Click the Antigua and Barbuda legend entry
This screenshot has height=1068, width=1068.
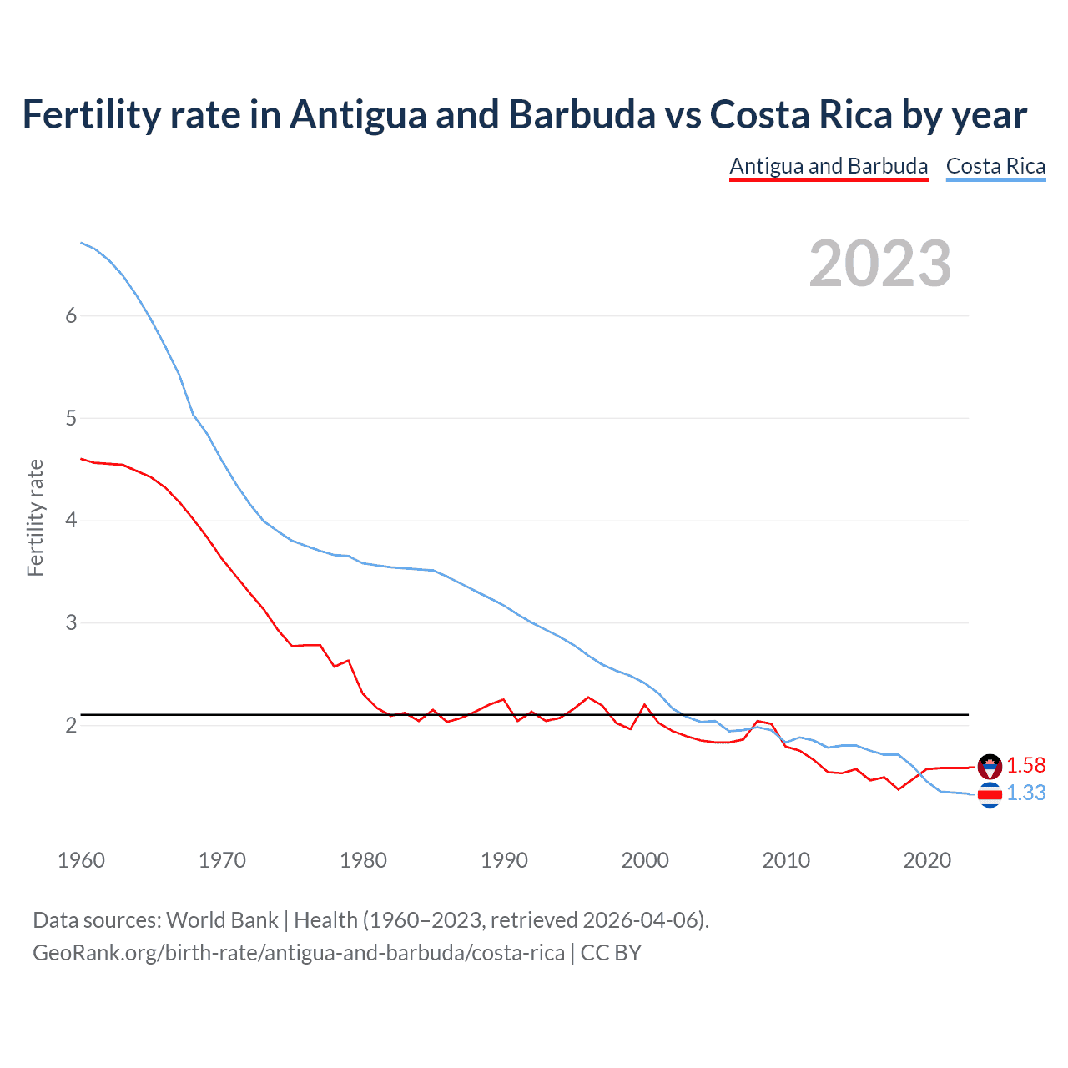point(828,166)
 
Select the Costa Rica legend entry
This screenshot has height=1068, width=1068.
point(995,166)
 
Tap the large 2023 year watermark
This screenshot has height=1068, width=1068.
point(879,264)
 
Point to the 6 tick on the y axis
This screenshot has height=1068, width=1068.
point(71,315)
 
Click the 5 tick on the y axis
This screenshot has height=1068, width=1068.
point(71,418)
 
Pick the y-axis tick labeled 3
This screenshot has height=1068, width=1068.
point(71,622)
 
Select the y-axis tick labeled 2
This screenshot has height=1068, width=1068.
point(71,725)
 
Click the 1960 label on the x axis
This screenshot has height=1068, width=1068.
point(81,860)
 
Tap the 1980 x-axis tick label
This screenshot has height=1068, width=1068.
point(363,860)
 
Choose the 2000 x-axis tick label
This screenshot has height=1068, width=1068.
point(645,860)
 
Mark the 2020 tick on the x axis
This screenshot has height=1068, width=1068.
point(927,860)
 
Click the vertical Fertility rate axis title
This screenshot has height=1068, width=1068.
point(35,517)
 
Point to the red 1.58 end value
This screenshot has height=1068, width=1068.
point(1025,765)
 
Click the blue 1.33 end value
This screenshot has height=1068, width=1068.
point(1025,793)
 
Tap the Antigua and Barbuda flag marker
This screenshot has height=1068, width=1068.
point(990,766)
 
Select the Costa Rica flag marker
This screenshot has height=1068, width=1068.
point(990,795)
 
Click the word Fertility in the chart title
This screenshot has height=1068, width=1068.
point(90,114)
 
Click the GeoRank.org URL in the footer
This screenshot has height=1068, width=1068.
point(298,953)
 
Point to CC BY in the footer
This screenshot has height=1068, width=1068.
point(611,953)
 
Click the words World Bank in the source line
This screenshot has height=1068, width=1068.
point(222,920)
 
